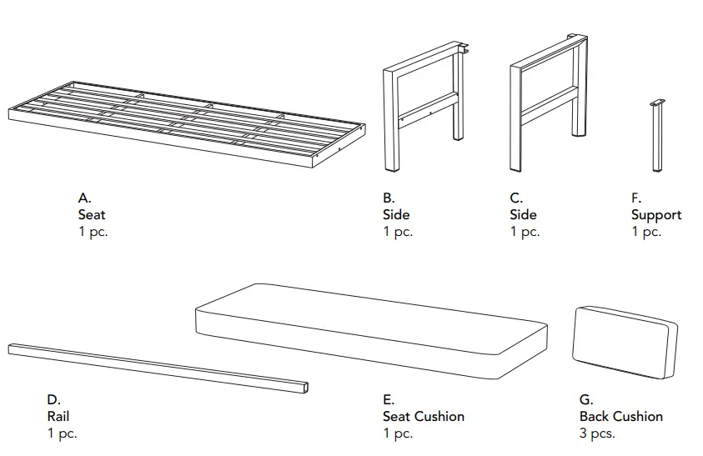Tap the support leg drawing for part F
[x=657, y=138]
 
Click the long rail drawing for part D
[x=158, y=367]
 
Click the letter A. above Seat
[x=84, y=198]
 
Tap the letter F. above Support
[x=636, y=198]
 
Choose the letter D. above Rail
[x=53, y=400]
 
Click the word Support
[x=655, y=215]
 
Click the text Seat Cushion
[x=423, y=416]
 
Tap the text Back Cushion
[x=621, y=416]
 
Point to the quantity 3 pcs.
[x=597, y=433]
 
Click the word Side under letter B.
[x=396, y=215]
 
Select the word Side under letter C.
[x=523, y=215]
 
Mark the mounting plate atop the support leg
[x=657, y=103]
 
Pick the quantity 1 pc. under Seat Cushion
[x=398, y=433]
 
